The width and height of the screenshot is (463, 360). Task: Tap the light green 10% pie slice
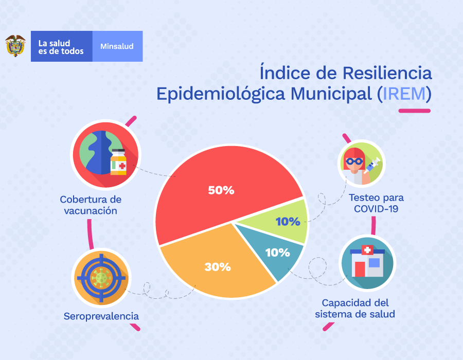pos(286,222)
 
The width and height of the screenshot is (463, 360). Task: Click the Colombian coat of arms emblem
pos(15,46)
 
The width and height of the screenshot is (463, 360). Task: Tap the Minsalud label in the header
pos(117,46)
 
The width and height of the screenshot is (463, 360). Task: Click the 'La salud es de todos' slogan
pos(61,47)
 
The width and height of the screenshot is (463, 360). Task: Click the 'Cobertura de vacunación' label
pos(91,205)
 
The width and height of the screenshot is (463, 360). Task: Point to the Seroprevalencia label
pos(101,316)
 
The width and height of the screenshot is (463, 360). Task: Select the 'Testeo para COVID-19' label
pos(376,203)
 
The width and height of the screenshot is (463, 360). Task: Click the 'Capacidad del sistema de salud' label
pos(355,308)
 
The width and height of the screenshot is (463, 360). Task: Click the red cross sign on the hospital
pos(367,250)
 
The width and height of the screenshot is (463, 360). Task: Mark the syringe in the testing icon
pos(372,164)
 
